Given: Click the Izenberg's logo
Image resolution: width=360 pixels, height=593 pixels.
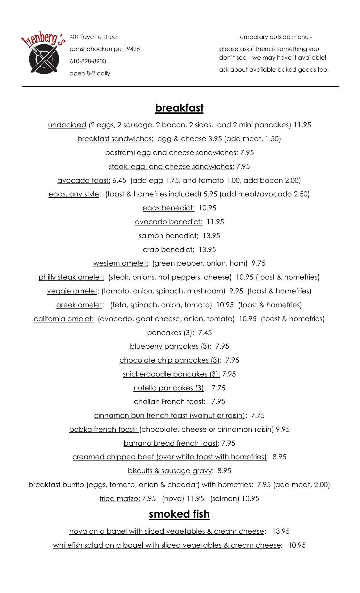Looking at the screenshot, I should [x=44, y=55].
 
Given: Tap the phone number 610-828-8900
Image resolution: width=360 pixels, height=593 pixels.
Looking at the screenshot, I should [x=88, y=61].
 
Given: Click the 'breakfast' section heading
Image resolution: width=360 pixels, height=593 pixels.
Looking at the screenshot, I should [x=179, y=108].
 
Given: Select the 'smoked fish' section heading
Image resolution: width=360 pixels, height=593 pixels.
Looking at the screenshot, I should [x=179, y=514].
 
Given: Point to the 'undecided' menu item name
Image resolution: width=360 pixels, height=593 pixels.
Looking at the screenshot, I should [x=67, y=125].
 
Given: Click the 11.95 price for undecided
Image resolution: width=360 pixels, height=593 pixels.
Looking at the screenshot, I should [x=302, y=125].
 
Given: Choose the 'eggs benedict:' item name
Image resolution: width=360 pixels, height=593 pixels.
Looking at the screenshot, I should [x=169, y=208].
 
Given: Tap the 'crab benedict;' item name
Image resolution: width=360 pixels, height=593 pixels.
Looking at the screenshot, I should [x=169, y=250].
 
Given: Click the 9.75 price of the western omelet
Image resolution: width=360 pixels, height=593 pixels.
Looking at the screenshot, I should [x=258, y=263].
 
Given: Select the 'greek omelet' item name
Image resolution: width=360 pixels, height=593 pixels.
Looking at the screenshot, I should [x=79, y=305].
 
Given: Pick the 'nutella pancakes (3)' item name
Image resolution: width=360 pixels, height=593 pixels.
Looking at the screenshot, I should [x=169, y=388].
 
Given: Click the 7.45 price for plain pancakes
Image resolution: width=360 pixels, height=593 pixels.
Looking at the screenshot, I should [x=205, y=333].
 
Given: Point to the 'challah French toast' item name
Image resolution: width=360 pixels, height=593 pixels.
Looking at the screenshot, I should [x=169, y=402].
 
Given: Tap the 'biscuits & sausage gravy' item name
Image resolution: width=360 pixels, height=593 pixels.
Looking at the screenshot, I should [x=170, y=471].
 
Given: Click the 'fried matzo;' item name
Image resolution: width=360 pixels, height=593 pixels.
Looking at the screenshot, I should [x=120, y=498].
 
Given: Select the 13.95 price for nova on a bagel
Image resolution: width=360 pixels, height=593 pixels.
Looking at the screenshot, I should [x=281, y=531].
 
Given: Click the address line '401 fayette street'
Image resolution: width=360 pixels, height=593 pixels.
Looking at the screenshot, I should [x=94, y=37].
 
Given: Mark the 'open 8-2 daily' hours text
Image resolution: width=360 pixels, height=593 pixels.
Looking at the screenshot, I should [x=90, y=74].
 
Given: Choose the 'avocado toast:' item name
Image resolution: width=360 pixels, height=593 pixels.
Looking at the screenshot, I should [x=84, y=180].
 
